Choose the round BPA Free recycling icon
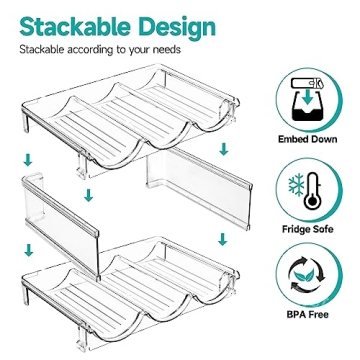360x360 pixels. [307, 281]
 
